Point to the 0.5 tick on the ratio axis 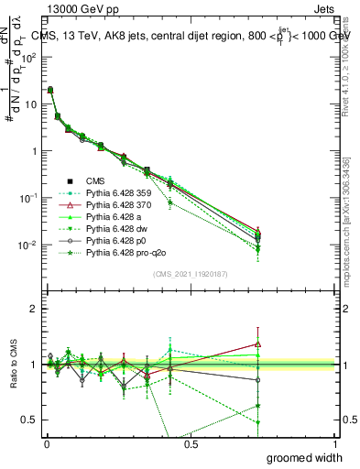click(x=28, y=420)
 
